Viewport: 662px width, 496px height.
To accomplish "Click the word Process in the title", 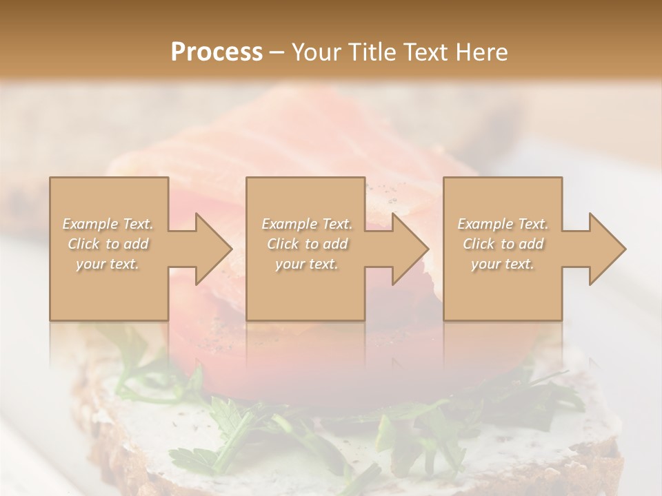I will point(217,52).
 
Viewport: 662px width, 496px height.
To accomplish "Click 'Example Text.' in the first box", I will point(108,224).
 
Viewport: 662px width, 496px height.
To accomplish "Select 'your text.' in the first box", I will point(108,264).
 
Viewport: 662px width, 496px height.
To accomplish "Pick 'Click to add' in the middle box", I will point(307,244).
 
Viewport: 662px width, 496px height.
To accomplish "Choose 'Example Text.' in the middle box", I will point(307,224).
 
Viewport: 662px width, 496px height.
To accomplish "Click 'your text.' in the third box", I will point(503,264).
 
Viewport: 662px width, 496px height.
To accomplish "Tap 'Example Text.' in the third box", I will point(503,224).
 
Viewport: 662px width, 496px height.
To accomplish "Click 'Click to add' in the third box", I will point(503,244).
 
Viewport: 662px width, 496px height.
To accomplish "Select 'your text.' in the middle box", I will point(307,264).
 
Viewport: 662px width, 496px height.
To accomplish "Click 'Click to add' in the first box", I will point(108,244).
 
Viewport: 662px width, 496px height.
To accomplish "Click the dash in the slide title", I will point(277,52).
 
